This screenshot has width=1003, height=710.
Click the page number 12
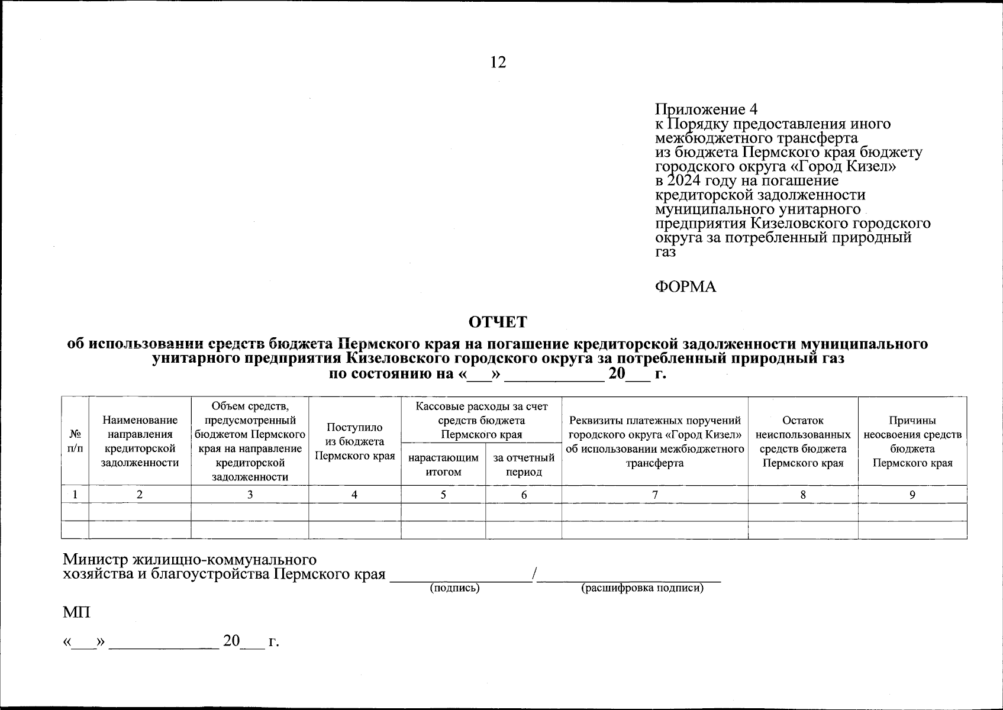click(498, 62)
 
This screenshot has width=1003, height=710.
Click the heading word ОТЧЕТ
click(498, 322)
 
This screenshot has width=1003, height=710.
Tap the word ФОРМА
click(685, 287)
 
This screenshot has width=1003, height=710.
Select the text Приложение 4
click(706, 109)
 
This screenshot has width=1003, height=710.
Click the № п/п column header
click(75, 441)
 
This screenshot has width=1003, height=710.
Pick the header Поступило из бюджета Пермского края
click(354, 441)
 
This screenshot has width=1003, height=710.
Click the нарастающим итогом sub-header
click(443, 464)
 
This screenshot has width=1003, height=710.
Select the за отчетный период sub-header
click(524, 464)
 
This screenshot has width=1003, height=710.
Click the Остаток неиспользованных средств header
click(802, 441)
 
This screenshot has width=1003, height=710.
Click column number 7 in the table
click(654, 495)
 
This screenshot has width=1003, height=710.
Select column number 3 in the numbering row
click(250, 495)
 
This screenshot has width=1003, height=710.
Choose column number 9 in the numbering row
click(912, 495)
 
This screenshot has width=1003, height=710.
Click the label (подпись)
click(454, 588)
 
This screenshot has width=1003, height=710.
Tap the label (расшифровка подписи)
click(643, 588)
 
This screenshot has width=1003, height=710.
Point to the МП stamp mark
click(77, 612)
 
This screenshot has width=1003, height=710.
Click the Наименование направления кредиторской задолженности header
click(140, 441)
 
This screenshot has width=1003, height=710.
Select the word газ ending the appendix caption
click(665, 251)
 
